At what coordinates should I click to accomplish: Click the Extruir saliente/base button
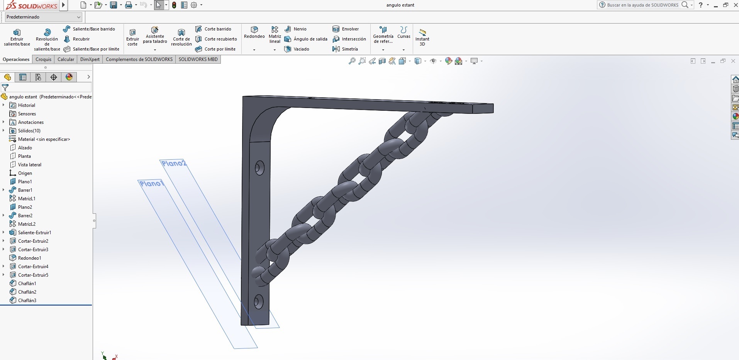pos(17,37)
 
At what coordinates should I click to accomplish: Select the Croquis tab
pos(43,59)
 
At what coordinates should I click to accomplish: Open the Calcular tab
pos(66,59)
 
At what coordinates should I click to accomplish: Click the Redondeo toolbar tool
pos(254,32)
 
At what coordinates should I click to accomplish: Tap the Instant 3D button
pos(422,37)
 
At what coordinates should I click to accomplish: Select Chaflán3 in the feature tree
pos(27,301)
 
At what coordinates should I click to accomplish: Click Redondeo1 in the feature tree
pos(29,258)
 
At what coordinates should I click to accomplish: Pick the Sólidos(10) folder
pos(29,131)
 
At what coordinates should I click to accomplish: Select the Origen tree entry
pos(25,173)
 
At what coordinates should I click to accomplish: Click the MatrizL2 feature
pos(27,224)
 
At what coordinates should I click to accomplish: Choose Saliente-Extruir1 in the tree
pos(34,233)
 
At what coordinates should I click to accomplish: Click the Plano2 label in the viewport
pos(174,164)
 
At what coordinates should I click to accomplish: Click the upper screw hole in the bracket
pos(259,168)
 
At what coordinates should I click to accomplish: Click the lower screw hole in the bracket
pos(258,302)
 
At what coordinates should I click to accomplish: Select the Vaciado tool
pos(297,49)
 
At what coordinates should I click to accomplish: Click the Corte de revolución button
pos(181,37)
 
